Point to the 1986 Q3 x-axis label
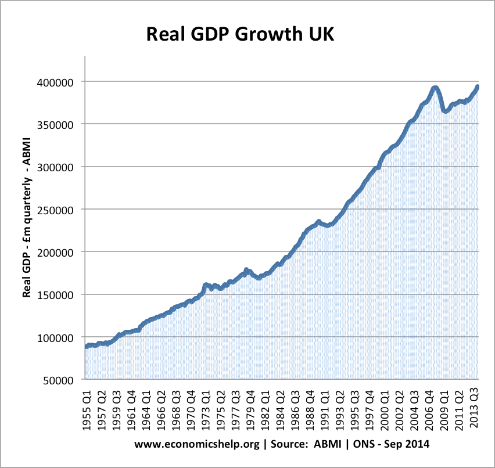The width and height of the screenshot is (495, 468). coord(295,409)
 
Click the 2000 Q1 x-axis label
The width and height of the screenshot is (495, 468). coord(384,409)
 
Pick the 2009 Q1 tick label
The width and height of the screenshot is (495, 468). coord(444,409)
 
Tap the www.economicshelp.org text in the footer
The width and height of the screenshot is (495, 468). coord(187,444)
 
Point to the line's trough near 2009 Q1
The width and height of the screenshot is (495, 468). coord(445,111)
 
